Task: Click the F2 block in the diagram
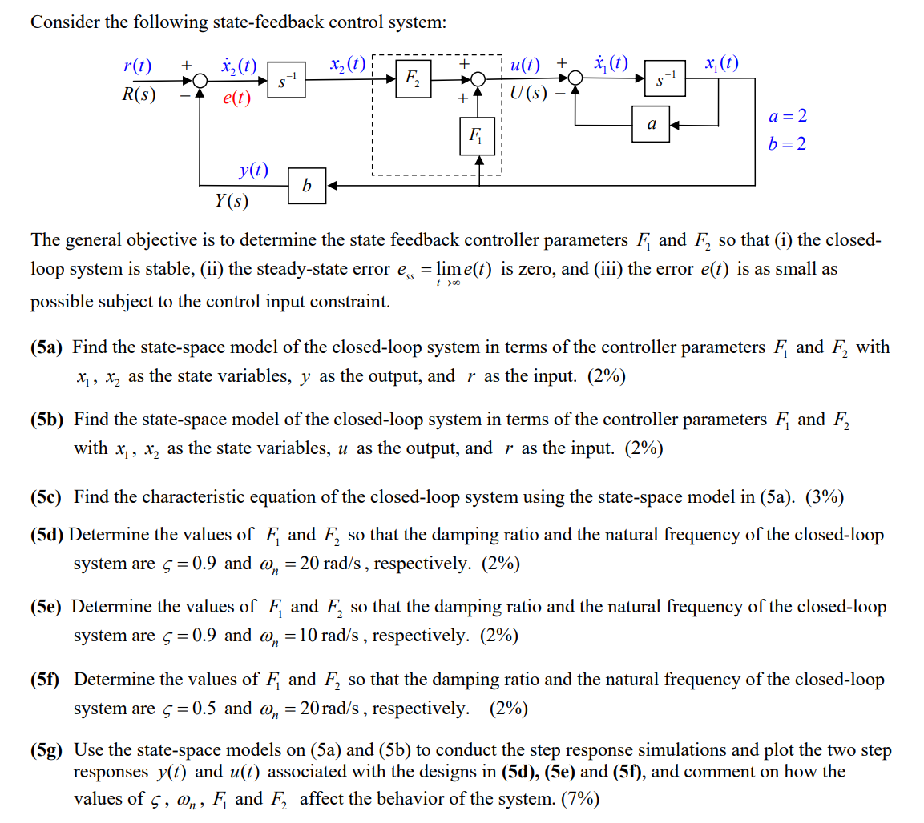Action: click(x=413, y=78)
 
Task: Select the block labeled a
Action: click(x=651, y=126)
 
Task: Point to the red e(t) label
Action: click(x=236, y=98)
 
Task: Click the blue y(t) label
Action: click(x=253, y=171)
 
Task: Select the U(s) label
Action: click(x=529, y=94)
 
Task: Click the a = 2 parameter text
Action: click(x=787, y=115)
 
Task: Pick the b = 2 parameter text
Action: click(x=787, y=144)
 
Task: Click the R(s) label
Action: click(x=138, y=94)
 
